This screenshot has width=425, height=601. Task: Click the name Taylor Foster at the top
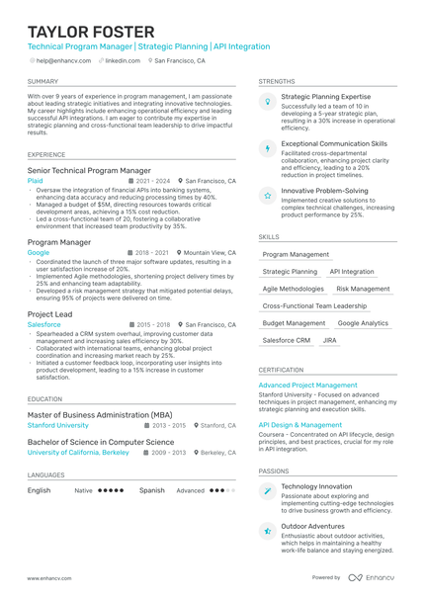91,32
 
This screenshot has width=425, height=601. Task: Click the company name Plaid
36,182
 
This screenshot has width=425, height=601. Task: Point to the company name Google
38,253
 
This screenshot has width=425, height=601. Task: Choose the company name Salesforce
43,324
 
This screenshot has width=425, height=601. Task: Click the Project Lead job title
49,313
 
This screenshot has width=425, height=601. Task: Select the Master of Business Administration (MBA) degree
100,414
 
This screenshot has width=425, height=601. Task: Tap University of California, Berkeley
78,452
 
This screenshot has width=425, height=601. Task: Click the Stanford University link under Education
57,425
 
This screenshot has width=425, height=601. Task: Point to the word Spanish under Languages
152,490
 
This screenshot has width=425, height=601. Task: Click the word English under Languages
40,490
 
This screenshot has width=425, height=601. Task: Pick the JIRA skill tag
330,340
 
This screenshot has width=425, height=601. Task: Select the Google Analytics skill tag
363,323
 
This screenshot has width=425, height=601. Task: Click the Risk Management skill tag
363,289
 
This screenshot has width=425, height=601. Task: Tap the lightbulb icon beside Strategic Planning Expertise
268,101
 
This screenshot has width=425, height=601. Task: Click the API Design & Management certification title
300,425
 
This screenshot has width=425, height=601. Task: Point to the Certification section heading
281,370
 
